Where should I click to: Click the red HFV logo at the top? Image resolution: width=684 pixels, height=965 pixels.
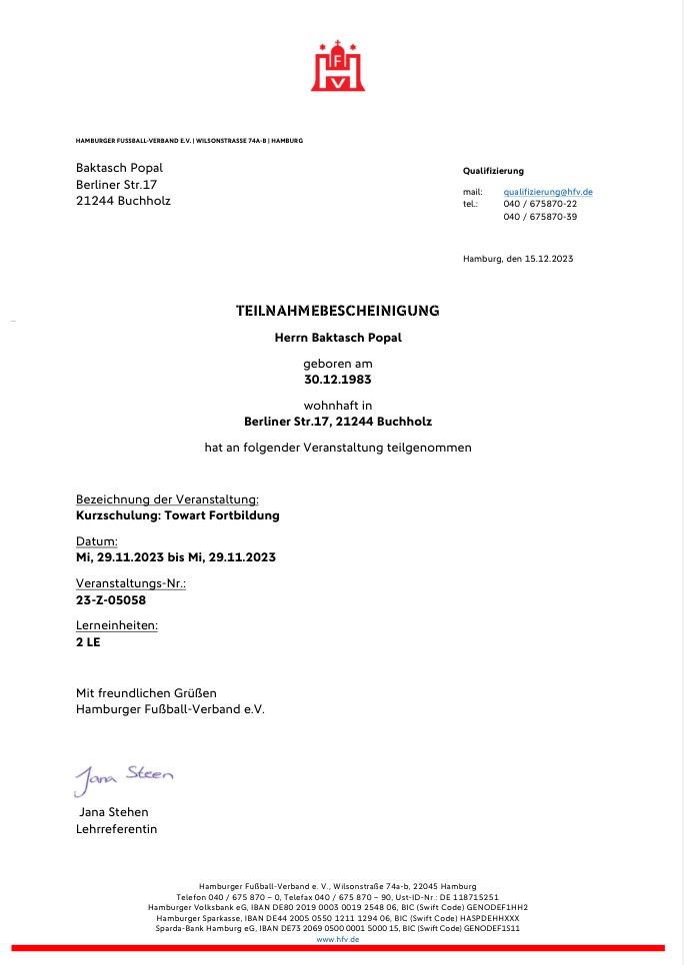tap(337, 66)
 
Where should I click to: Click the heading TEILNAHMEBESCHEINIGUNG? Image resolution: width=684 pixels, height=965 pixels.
tap(337, 311)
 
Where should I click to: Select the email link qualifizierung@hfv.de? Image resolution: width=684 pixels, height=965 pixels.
tap(548, 191)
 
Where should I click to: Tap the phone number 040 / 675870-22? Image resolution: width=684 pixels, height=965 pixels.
tap(540, 204)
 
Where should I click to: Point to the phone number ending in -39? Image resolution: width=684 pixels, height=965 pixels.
tap(540, 217)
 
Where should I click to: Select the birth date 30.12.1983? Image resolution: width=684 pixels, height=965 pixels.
tap(337, 380)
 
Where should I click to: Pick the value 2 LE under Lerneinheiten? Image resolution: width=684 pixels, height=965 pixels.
tap(88, 641)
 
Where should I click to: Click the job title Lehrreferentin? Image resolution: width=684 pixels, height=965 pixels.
tap(116, 828)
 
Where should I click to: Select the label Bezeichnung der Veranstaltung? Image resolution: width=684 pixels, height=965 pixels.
tap(168, 498)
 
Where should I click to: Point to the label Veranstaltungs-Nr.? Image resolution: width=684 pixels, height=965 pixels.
tap(131, 582)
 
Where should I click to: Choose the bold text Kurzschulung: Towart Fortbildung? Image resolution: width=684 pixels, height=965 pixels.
tap(177, 515)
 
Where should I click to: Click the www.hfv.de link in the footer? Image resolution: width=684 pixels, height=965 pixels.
tap(337, 940)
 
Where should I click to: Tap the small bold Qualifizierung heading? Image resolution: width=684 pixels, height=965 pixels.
tap(493, 171)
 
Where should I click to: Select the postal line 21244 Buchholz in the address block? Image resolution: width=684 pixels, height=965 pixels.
tap(123, 200)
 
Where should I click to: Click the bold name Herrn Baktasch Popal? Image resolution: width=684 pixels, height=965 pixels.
tap(337, 338)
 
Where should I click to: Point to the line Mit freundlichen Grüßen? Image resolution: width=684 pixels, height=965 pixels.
tap(146, 692)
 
